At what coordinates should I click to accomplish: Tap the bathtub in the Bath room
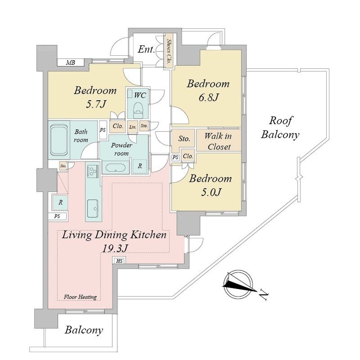click(x=59, y=140)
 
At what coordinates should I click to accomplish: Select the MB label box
click(x=71, y=63)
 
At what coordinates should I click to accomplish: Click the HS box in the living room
click(x=119, y=261)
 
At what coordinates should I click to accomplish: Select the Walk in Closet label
click(x=218, y=141)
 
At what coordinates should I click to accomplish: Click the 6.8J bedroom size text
click(x=208, y=98)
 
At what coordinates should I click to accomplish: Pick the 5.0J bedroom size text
click(x=211, y=193)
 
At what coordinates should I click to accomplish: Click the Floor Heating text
click(x=80, y=297)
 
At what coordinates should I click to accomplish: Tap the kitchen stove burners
click(x=93, y=171)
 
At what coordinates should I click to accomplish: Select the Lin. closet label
click(x=132, y=127)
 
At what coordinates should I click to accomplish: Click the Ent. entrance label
click(x=146, y=49)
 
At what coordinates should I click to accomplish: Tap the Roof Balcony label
click(x=280, y=128)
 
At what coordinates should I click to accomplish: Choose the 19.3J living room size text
click(x=114, y=248)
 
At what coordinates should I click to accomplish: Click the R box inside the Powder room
click(x=140, y=166)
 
